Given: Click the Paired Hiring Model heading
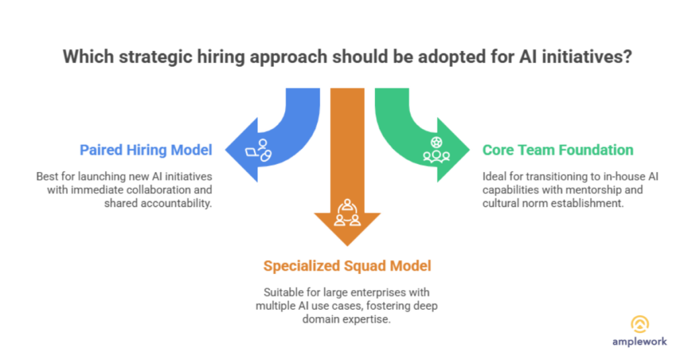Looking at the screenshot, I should pos(146,149).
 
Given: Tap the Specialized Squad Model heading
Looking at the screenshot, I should pos(347,266).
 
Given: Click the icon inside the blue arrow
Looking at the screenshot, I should pos(259,150).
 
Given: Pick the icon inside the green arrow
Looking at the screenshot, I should pos(435,150).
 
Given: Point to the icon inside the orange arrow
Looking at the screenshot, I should pos(347,211).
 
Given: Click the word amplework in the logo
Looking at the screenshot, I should pos(639,341).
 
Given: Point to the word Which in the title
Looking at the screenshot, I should pos(85,56).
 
